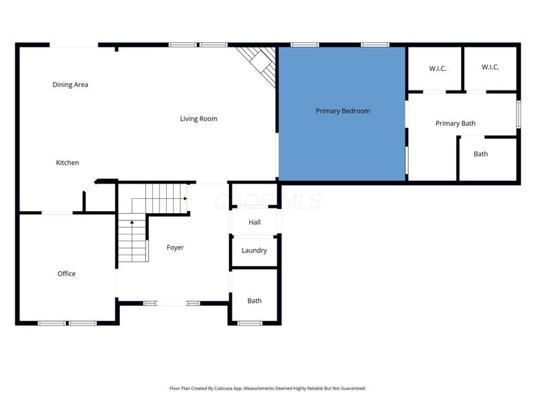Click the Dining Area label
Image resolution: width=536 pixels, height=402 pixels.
(70, 85)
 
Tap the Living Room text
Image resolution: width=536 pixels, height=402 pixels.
(198, 119)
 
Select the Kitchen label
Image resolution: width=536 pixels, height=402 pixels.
(67, 163)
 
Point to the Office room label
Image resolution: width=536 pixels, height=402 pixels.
(66, 273)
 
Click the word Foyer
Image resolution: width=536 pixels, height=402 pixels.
(175, 248)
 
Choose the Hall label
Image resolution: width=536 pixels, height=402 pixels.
(255, 222)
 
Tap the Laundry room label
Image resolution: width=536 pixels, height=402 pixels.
(255, 251)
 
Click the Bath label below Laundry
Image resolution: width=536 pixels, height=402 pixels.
(255, 301)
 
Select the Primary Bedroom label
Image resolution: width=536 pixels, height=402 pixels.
(343, 111)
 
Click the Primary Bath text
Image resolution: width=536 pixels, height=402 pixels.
(456, 123)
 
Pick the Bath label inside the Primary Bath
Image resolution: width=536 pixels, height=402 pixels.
(481, 154)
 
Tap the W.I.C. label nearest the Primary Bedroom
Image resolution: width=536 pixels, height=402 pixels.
(433, 68)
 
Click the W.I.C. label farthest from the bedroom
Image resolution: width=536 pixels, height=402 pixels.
(490, 68)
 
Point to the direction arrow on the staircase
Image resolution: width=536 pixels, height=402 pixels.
(132, 222)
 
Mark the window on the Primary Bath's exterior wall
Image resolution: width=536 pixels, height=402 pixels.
(518, 113)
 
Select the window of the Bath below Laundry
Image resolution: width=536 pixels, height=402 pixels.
(250, 323)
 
